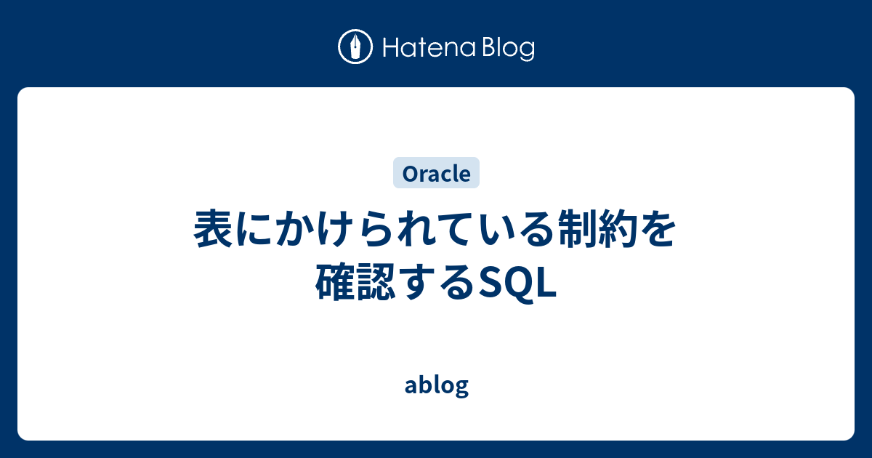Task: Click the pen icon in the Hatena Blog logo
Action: (x=355, y=47)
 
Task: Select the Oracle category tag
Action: (x=436, y=173)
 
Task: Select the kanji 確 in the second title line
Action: (x=334, y=281)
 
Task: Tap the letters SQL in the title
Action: (x=517, y=281)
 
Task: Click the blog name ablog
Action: (x=436, y=385)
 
